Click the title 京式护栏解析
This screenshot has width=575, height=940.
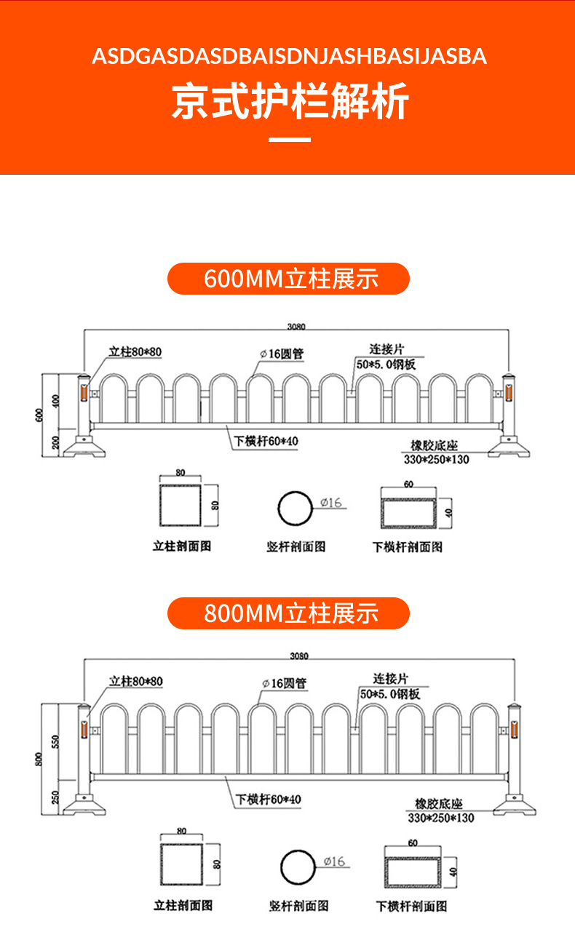(290, 101)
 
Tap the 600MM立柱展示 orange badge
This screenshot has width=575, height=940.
(289, 279)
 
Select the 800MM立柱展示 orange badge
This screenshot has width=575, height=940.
(289, 613)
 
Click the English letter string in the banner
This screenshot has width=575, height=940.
(289, 56)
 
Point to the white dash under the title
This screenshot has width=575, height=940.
(290, 139)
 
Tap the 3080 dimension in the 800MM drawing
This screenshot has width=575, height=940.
(299, 656)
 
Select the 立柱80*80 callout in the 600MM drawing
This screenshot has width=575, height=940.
(135, 352)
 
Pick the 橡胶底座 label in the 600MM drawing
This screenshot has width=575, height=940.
(435, 446)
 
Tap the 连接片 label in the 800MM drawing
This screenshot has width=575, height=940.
(392, 678)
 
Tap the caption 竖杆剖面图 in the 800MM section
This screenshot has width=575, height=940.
(298, 906)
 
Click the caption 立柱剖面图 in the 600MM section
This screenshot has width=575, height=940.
(182, 546)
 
